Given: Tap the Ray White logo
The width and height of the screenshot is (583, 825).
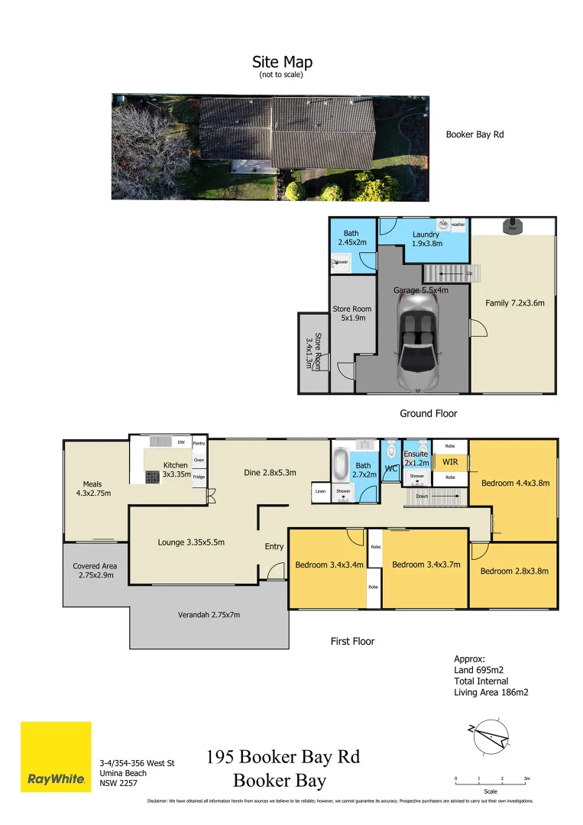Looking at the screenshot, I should pos(56,756).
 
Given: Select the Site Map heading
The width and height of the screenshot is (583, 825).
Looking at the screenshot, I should pos(282,63).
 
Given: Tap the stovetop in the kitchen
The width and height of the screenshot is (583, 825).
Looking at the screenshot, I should pos(153,476).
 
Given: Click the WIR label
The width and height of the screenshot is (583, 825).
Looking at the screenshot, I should pos(450,461).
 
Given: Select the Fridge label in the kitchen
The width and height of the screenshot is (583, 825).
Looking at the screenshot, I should pos(199,477).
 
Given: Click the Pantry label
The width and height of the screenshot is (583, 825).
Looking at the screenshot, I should pos(199,443).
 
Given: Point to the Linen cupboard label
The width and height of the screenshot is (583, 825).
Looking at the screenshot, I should pos(321,492).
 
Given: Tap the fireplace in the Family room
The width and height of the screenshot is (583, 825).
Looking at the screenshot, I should pos(512,227).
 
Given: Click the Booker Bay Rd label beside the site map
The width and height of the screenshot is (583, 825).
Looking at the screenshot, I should pos(474,134).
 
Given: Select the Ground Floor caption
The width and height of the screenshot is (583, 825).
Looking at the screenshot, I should pos(429,413).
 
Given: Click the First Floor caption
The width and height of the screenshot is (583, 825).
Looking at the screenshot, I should pos(352,641).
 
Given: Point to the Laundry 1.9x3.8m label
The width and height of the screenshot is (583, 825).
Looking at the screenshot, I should pos(426,239).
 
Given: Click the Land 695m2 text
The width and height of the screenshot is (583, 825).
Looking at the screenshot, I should pos(479,670).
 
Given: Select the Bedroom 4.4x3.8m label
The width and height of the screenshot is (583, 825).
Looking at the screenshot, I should pos(515,483).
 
